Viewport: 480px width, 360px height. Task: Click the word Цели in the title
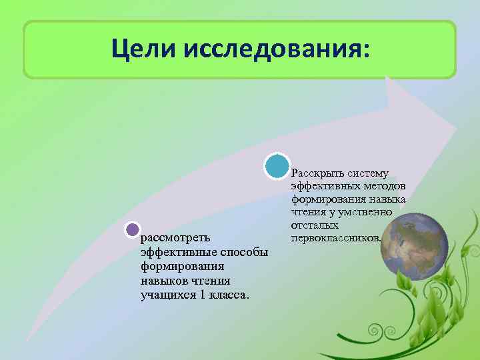[143, 49]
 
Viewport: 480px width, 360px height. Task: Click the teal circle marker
[276, 166]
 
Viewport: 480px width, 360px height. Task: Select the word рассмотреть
[176, 237]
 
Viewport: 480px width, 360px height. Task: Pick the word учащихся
[164, 295]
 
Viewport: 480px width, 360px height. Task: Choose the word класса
[230, 295]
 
